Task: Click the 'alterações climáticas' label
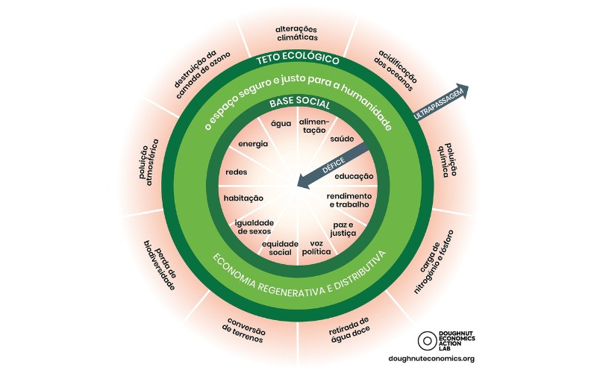tap(297, 34)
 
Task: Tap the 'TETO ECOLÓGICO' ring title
tap(298, 59)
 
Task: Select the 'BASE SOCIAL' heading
tap(300, 104)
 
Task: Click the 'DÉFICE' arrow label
tap(334, 166)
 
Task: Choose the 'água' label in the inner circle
tap(281, 124)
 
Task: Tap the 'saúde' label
tap(342, 139)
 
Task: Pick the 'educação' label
tap(354, 177)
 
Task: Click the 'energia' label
tap(253, 144)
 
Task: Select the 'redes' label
tap(236, 172)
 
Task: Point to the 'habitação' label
tap(243, 198)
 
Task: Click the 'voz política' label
tap(316, 248)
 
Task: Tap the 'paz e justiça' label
tap(343, 229)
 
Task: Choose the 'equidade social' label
tap(281, 248)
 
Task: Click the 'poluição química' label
tap(446, 160)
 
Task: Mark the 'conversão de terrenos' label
tap(244, 330)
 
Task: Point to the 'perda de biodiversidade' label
tap(160, 266)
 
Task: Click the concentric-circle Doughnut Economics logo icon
tap(427, 341)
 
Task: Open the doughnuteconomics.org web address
tap(431, 359)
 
